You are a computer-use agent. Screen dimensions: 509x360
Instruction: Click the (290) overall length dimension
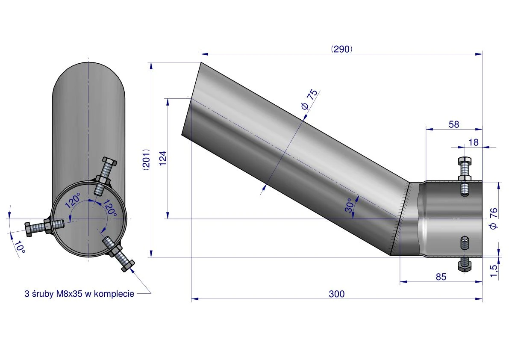coord(341,49)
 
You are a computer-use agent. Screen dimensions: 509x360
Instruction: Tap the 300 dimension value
coord(337,294)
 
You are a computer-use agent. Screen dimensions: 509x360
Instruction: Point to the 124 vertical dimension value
coord(163,158)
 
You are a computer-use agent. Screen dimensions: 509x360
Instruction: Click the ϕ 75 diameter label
coord(309,99)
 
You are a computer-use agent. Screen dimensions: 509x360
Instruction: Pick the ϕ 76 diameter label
coord(494,218)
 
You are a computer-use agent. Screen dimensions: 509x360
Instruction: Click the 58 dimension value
coord(454,124)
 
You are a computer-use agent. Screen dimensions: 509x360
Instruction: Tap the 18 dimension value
coord(474,142)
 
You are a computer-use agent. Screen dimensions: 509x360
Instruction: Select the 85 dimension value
coord(441,277)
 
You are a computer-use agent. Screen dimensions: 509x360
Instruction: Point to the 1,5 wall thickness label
coord(494,271)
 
